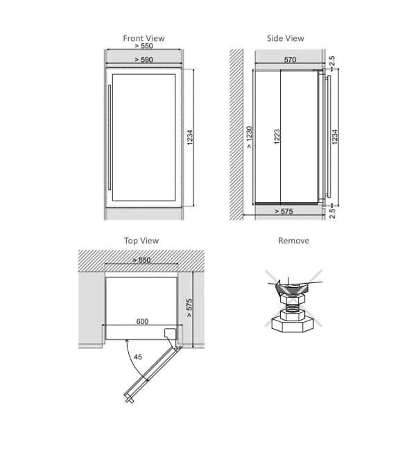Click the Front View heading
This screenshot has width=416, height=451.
pos(144,38)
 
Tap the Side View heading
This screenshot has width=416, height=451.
pos(286,38)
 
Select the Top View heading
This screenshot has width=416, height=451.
pos(141,241)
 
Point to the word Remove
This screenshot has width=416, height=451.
pos(293,241)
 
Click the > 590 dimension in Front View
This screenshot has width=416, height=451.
pos(144,60)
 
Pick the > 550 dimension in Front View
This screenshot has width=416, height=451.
pos(144,46)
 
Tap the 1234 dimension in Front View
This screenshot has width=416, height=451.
pos(190,137)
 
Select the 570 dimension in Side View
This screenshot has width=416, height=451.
pos(290,60)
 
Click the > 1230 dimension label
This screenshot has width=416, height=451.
pos(250,137)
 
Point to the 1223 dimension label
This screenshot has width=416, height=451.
pos(277,137)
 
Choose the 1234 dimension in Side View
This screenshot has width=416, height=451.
pos(335,137)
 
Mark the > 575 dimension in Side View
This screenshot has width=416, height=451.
pos(284,212)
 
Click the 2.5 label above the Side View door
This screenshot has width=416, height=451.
pos(332,61)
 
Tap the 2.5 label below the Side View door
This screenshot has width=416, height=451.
pos(332,214)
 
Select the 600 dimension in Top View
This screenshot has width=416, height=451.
pos(142,321)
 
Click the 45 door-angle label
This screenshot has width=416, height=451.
pos(138,357)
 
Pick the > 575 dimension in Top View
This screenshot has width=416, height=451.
pos(189,308)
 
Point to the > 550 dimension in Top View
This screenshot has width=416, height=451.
pos(141,260)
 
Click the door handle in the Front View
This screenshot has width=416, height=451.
pos(110,137)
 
